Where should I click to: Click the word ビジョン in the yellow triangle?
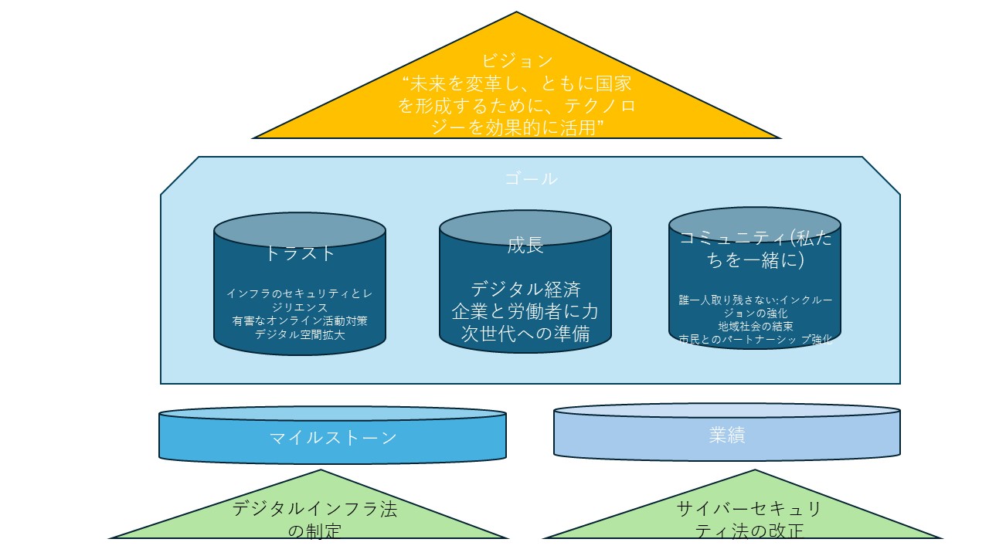[x=517, y=60]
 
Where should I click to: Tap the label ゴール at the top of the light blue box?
[x=530, y=178]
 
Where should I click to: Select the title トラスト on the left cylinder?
[x=300, y=253]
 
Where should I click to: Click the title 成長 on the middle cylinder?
[x=525, y=246]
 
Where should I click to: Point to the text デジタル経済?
[x=525, y=290]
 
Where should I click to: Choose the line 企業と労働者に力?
[x=525, y=311]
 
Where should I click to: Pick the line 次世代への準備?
[x=525, y=334]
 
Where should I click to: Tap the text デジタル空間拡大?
[x=300, y=334]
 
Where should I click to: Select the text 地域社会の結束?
[x=755, y=327]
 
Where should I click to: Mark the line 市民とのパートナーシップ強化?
[x=755, y=340]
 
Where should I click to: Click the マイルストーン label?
[x=333, y=438]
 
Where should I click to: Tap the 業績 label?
[x=726, y=435]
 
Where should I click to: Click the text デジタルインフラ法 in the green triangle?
[x=314, y=510]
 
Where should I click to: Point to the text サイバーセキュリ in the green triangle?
[x=749, y=509]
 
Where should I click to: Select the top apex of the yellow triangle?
[x=516, y=13]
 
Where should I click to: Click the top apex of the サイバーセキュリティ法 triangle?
[x=754, y=470]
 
